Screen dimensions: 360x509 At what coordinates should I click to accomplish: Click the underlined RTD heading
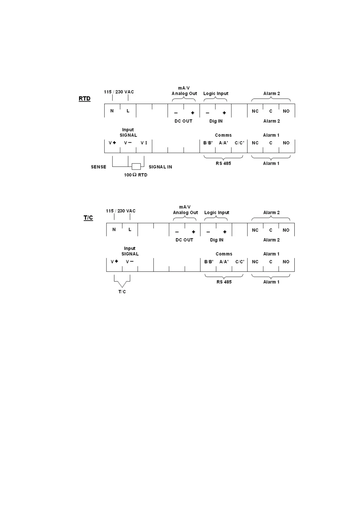pos(84,99)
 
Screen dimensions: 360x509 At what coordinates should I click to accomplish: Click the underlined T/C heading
pos(88,218)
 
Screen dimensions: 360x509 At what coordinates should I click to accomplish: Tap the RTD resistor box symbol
pos(136,166)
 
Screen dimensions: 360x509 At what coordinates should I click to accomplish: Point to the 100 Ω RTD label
pos(136,175)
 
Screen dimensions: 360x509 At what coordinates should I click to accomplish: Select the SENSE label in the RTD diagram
pos(99,167)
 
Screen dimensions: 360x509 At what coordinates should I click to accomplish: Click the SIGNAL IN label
pos(160,167)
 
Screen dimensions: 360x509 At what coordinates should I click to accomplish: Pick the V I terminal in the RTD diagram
pos(144,143)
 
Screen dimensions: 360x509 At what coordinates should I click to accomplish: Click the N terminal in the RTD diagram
pos(112,111)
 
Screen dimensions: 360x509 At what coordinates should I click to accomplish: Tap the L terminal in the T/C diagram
pos(130,230)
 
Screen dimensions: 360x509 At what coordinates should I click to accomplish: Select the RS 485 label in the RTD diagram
pos(223,163)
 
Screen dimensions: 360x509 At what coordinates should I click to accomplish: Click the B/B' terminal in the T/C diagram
pos(209,262)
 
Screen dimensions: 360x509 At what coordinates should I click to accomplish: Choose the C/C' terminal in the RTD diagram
pos(239,143)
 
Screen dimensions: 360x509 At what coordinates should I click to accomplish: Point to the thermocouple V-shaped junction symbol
pos(122,284)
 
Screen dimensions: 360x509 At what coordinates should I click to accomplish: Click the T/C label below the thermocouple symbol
pos(122,292)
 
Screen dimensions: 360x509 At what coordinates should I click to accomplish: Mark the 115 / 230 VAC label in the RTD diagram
pos(119,92)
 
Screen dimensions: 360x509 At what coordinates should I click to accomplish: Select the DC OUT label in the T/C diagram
pos(184,240)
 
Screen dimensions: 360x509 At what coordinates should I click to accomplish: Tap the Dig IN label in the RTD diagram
pos(216,121)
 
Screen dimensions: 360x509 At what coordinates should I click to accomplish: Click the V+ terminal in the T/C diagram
pos(114,262)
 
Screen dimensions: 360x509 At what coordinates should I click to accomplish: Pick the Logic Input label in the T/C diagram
pos(217,212)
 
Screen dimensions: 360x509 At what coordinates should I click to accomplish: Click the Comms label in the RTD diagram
pos(223,135)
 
